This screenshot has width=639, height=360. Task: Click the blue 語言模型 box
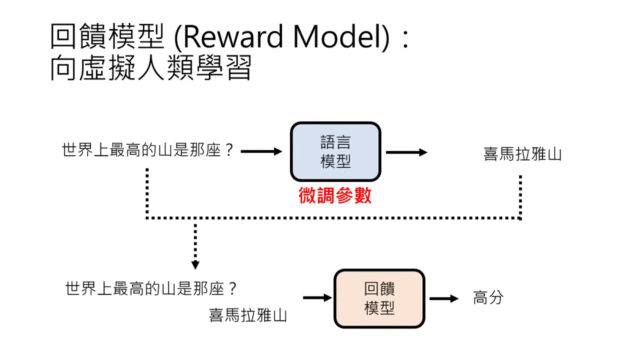[335, 152]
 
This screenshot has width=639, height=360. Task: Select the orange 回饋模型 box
[379, 298]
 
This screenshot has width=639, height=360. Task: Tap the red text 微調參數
[335, 195]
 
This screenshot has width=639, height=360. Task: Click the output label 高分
[488, 298]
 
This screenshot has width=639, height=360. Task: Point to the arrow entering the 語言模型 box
[261, 151]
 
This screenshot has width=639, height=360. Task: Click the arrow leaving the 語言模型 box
[406, 152]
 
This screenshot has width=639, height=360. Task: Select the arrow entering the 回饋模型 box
[317, 298]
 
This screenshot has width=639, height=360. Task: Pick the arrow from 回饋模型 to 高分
[443, 298]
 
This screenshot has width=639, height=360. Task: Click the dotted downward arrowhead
[195, 264]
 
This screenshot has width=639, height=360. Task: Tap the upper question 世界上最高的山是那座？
[148, 150]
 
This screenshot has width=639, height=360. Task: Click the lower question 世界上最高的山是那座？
[151, 288]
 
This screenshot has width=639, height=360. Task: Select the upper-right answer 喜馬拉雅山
[522, 153]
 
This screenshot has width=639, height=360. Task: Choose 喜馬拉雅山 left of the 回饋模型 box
[248, 315]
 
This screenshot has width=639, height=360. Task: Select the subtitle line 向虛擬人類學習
[151, 69]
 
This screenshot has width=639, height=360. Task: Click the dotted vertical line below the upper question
[147, 192]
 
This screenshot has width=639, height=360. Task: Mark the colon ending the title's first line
[405, 39]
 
